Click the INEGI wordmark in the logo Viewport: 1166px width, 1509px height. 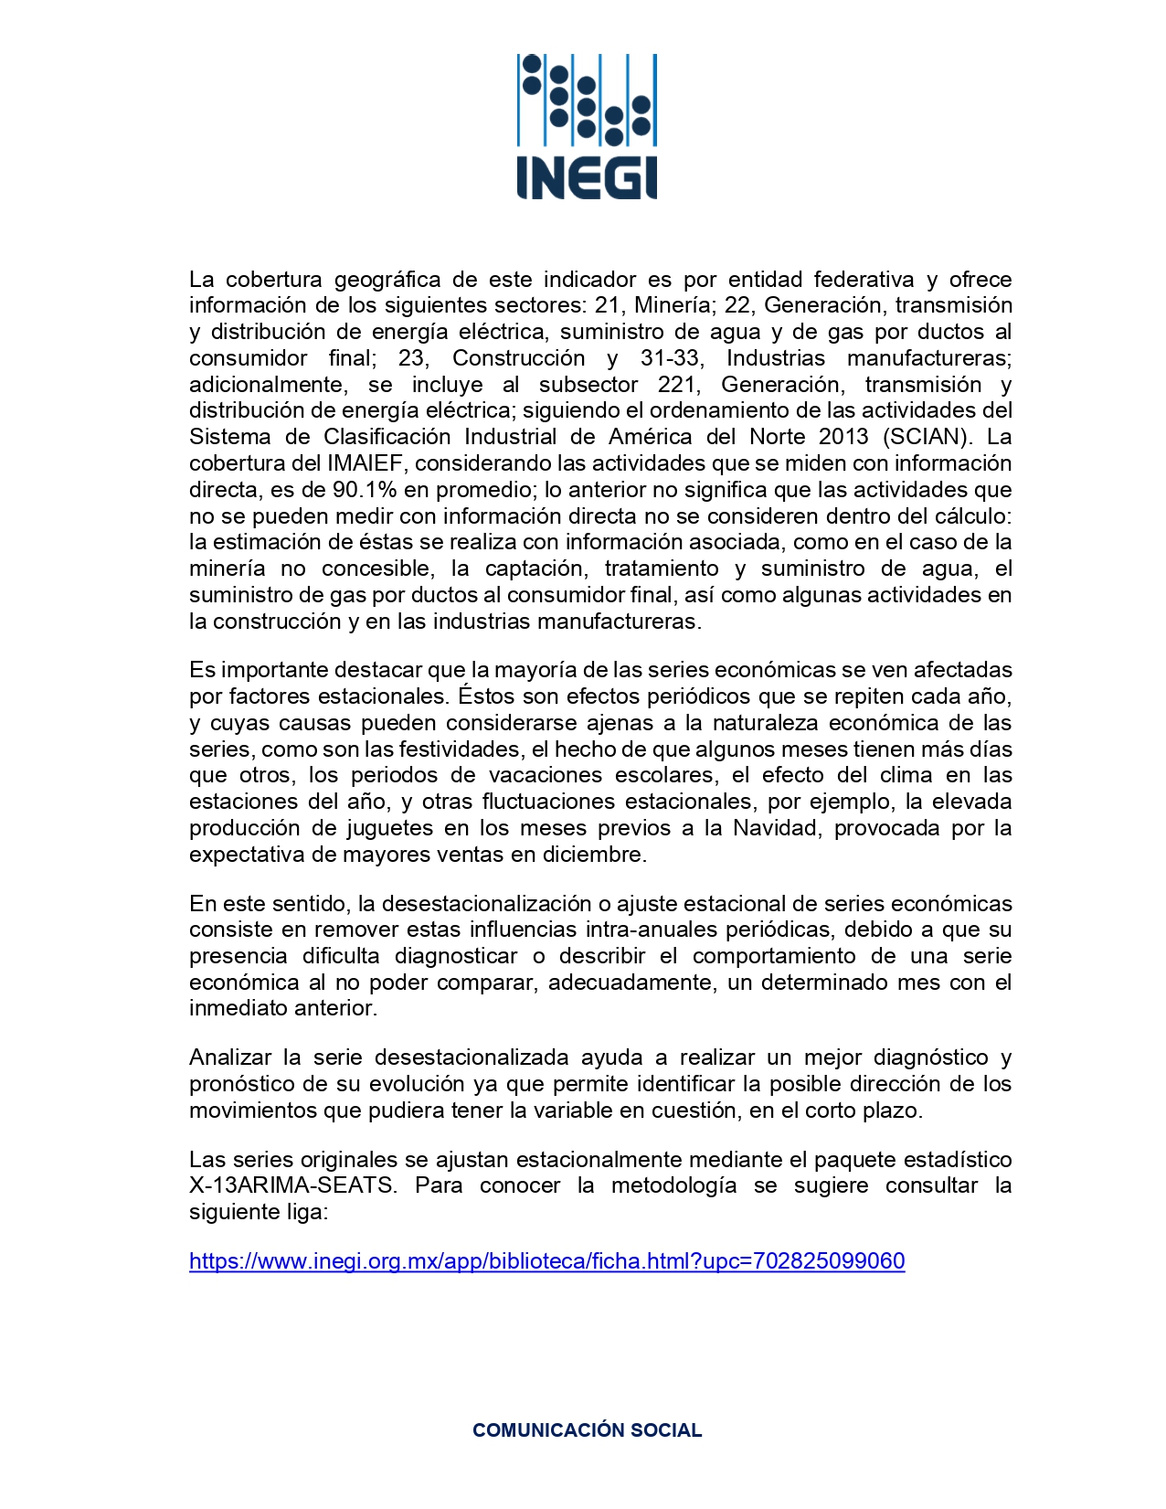[587, 177]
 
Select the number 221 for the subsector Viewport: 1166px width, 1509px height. [676, 385]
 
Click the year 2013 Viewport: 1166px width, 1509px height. [843, 437]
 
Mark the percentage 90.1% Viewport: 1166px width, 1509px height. [349, 490]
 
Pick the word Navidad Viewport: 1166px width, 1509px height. [775, 829]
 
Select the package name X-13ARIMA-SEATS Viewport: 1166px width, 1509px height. [292, 1186]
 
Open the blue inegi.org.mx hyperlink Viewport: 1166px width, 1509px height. [546, 1262]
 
